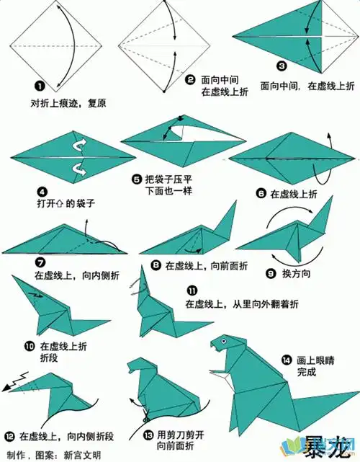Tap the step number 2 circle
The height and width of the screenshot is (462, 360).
189,79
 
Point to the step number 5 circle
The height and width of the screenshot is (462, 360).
137,177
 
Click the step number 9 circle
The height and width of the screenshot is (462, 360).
271,273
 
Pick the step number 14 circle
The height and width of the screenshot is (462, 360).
287,360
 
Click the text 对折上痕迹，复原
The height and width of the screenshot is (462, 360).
68,103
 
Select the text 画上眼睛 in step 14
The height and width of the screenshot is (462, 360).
317,360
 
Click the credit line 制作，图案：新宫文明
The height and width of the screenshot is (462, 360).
54,455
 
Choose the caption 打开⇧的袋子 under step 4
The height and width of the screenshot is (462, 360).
66,204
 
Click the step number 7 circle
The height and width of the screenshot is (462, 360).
40,263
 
